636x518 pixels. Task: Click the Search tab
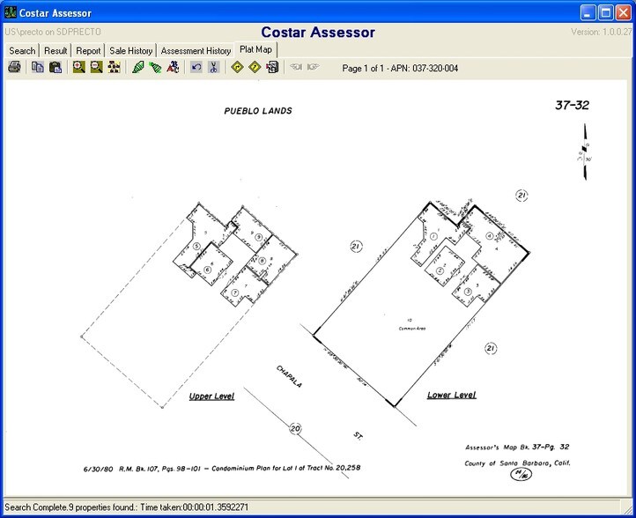(22, 51)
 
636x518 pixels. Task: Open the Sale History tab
(130, 51)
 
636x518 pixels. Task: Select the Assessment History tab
(196, 51)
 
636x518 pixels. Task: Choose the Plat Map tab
(256, 50)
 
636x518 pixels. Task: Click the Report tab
(88, 51)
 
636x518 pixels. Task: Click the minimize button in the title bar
(588, 12)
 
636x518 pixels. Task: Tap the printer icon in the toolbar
(14, 68)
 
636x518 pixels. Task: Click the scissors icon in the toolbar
(213, 68)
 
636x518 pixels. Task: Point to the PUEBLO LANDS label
(259, 111)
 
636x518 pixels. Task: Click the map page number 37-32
(572, 106)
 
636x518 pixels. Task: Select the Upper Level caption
(211, 396)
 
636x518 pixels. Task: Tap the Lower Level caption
(452, 396)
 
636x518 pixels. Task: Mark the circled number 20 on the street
(295, 429)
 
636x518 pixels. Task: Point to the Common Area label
(410, 327)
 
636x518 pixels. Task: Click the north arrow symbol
(582, 154)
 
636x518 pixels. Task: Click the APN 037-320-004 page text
(400, 68)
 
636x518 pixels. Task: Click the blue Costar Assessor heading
(318, 33)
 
